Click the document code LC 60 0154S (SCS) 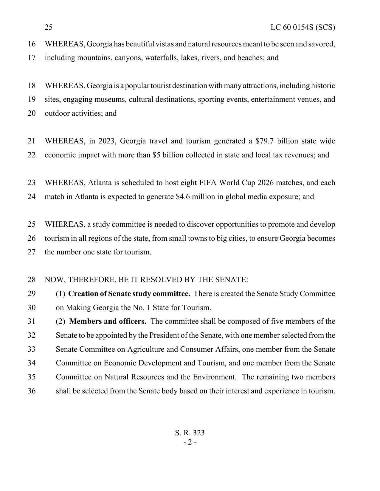point(303,27)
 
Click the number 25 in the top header point(49,27)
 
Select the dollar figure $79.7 point(264,141)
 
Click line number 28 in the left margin point(32,280)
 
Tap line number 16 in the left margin point(32,44)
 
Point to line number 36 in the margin point(32,391)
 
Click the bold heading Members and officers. point(108,321)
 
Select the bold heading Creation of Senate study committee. point(129,294)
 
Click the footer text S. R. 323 point(190,433)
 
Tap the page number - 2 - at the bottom point(190,442)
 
